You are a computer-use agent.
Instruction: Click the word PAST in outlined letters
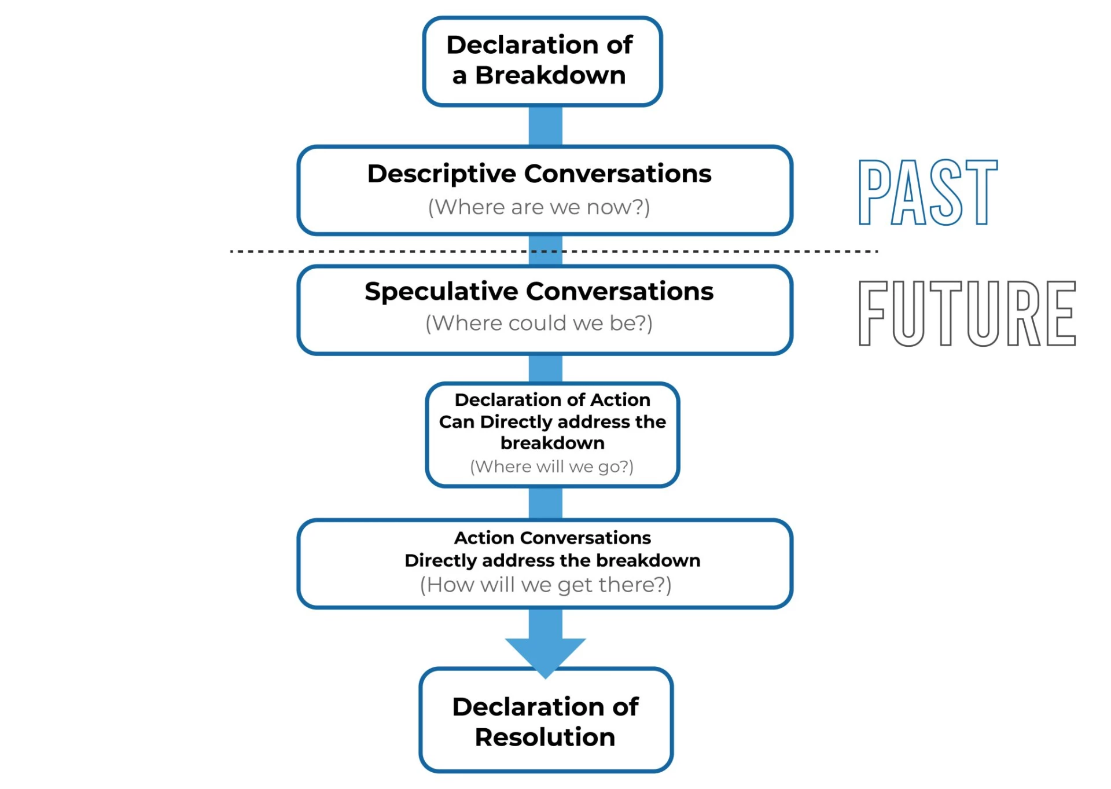pyautogui.click(x=928, y=192)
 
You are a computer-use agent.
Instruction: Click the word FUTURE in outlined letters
pyautogui.click(x=967, y=313)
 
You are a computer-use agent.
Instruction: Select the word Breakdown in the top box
pyautogui.click(x=550, y=76)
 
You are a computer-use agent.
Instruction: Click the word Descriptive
pyautogui.click(x=442, y=174)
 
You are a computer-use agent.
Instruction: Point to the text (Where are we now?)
pyautogui.click(x=539, y=207)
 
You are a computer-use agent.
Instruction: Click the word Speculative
pyautogui.click(x=441, y=292)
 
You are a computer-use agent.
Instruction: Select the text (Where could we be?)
pyautogui.click(x=539, y=323)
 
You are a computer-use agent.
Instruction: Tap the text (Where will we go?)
pyautogui.click(x=551, y=467)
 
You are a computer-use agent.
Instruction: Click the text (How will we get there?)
pyautogui.click(x=545, y=585)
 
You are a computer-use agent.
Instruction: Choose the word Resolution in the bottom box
pyautogui.click(x=545, y=737)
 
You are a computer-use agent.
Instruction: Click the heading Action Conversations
pyautogui.click(x=552, y=538)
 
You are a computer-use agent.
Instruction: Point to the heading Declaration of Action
pyautogui.click(x=552, y=400)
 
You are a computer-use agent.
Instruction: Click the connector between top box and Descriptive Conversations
pyautogui.click(x=545, y=126)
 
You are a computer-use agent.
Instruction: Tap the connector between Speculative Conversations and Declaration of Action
pyautogui.click(x=545, y=369)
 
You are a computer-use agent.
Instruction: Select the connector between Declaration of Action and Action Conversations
pyautogui.click(x=545, y=503)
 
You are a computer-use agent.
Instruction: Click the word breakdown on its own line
pyautogui.click(x=552, y=443)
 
